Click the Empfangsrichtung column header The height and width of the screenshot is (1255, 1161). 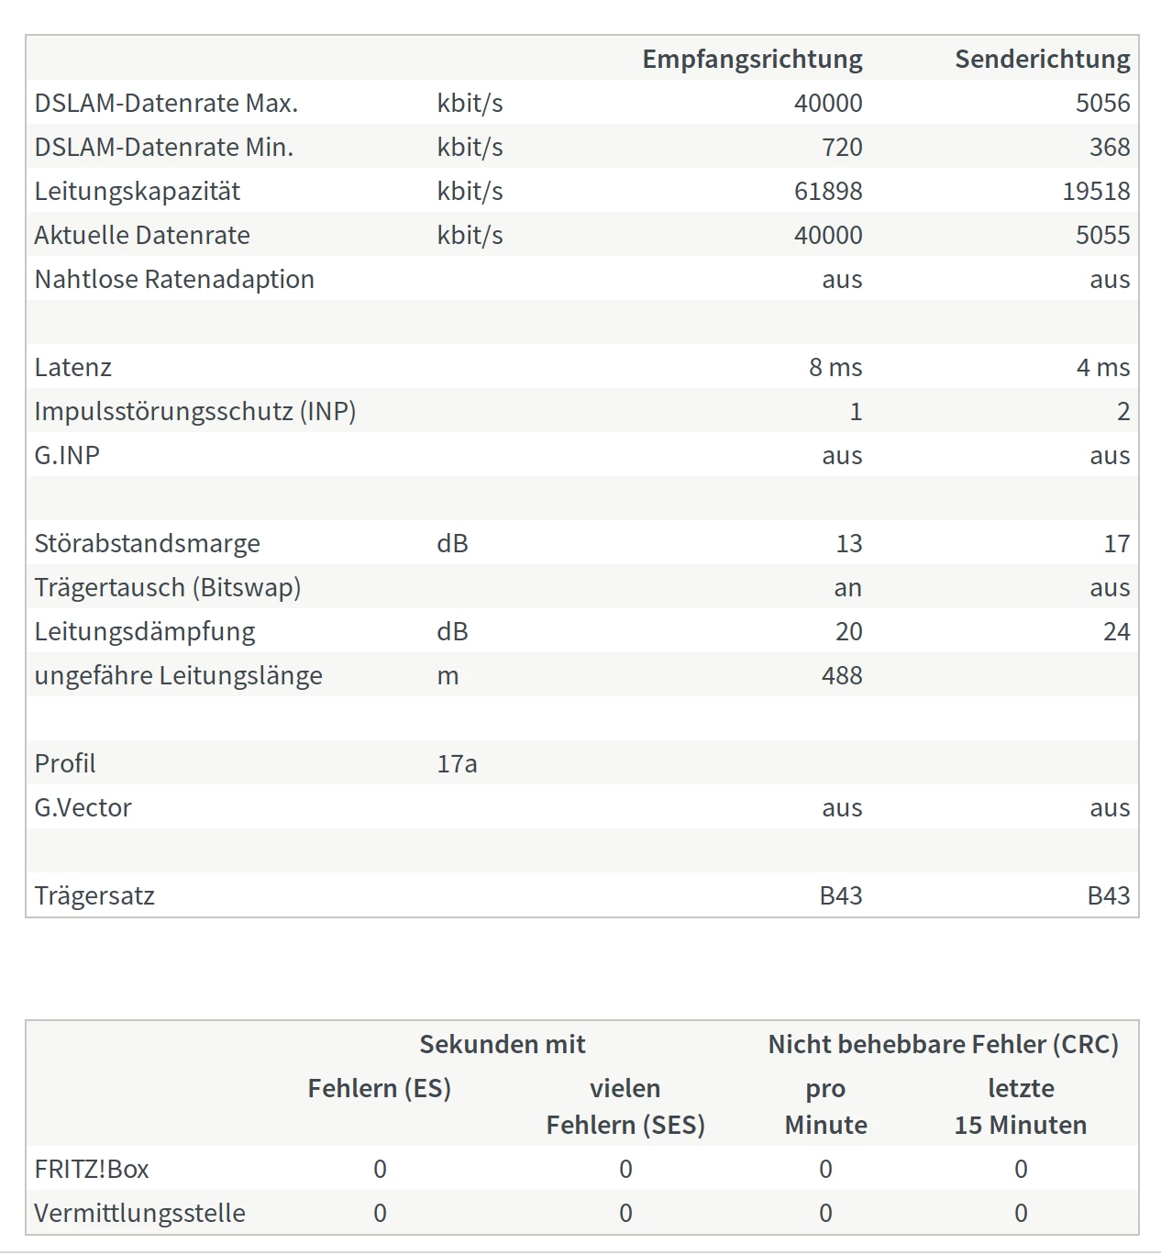[x=752, y=59]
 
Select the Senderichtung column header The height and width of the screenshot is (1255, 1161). [x=1042, y=59]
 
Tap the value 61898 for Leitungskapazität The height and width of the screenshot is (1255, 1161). [x=827, y=191]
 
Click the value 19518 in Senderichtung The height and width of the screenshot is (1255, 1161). [x=1096, y=191]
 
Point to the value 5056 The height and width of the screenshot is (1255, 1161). [x=1102, y=103]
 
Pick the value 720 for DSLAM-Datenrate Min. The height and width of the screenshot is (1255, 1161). [x=842, y=147]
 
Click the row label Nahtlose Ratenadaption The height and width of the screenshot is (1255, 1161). [x=174, y=279]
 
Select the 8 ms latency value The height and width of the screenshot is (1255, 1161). [x=835, y=367]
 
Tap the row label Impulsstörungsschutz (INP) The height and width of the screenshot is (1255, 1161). [x=194, y=411]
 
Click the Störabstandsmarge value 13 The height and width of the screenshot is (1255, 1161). [x=848, y=543]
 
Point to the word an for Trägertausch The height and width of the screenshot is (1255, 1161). [x=847, y=587]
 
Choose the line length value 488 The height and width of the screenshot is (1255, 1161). [x=842, y=675]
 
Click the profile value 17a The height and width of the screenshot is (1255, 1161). [x=457, y=763]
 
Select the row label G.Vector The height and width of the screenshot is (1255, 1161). [x=83, y=807]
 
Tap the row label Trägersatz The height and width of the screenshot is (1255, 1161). [x=94, y=895]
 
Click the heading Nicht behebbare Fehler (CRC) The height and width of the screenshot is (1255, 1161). [x=943, y=1044]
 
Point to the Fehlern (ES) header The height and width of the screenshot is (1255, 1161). [x=379, y=1088]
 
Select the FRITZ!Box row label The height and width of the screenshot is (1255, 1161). [x=92, y=1169]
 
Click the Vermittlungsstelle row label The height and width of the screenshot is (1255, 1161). [x=139, y=1213]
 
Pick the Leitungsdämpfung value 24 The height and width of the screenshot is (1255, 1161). [x=1116, y=631]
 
